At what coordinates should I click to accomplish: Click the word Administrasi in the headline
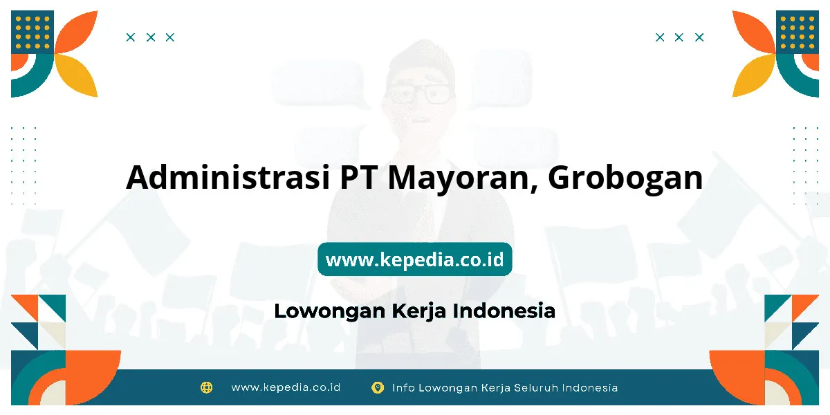(228, 177)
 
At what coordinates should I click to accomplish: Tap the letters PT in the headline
(359, 178)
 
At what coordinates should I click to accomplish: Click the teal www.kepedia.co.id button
(414, 259)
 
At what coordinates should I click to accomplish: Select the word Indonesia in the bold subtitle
(504, 311)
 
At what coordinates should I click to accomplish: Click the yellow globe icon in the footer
(206, 387)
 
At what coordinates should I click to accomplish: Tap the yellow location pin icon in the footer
(378, 387)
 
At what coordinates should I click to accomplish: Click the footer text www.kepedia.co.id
(286, 387)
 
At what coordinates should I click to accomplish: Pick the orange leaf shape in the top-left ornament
(77, 33)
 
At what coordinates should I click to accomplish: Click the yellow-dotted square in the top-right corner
(797, 32)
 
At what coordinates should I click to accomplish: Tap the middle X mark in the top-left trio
(151, 37)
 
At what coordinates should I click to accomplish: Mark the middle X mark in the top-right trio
(679, 37)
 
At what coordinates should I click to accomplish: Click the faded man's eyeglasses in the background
(419, 94)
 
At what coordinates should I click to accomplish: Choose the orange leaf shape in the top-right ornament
(753, 33)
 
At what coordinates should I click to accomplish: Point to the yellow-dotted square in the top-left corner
(33, 32)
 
